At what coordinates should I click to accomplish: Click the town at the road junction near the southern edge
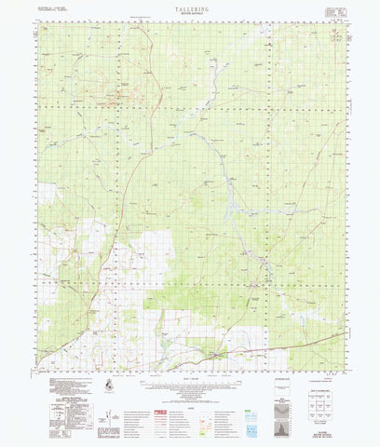coord(216,355)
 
